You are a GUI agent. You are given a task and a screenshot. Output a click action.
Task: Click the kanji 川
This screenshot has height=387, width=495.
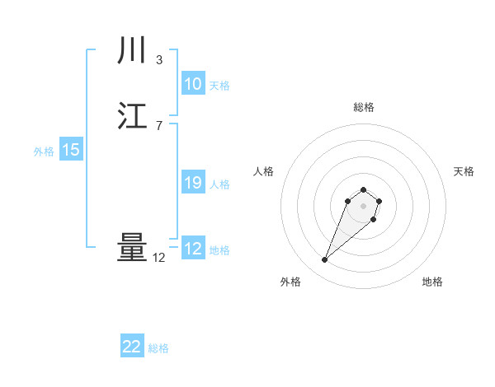pos(132,52)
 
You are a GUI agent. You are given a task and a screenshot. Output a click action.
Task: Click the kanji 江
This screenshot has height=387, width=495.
pos(132,116)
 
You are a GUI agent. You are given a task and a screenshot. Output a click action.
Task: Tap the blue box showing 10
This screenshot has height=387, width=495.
pos(192,85)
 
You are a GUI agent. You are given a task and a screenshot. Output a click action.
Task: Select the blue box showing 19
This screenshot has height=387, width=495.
pos(192,184)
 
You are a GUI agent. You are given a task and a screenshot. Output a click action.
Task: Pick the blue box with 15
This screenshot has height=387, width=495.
pos(70,151)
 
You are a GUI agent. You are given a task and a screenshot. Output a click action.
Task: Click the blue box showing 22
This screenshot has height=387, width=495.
pos(132,347)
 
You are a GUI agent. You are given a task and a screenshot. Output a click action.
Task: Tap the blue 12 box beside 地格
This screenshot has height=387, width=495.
pos(192,249)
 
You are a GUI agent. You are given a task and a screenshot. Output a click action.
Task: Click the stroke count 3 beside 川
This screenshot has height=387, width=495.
pos(159,59)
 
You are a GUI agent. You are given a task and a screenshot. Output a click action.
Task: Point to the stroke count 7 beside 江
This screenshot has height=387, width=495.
pos(159,125)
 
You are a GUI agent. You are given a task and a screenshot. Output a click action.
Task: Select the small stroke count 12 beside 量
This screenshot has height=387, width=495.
pos(159,258)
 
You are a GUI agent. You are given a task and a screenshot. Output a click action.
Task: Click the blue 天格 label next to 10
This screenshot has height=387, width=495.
pos(219,86)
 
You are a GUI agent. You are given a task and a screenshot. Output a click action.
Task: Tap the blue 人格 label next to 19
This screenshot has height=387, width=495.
pos(219,184)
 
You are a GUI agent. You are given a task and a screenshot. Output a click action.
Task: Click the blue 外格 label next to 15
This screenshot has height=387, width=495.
pos(44,152)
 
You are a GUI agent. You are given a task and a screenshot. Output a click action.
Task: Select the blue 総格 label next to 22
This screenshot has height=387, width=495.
pos(158,348)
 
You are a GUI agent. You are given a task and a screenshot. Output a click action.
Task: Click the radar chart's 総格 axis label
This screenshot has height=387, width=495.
pos(363,107)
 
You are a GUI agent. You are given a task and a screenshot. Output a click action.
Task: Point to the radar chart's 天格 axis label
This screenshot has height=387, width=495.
pos(464,171)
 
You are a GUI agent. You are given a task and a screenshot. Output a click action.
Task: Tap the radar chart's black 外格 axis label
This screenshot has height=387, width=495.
pos(290,282)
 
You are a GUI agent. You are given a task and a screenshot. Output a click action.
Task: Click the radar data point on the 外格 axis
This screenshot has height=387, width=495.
pos(325,260)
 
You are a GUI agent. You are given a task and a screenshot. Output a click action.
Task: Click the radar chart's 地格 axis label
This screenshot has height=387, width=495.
pos(432,282)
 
